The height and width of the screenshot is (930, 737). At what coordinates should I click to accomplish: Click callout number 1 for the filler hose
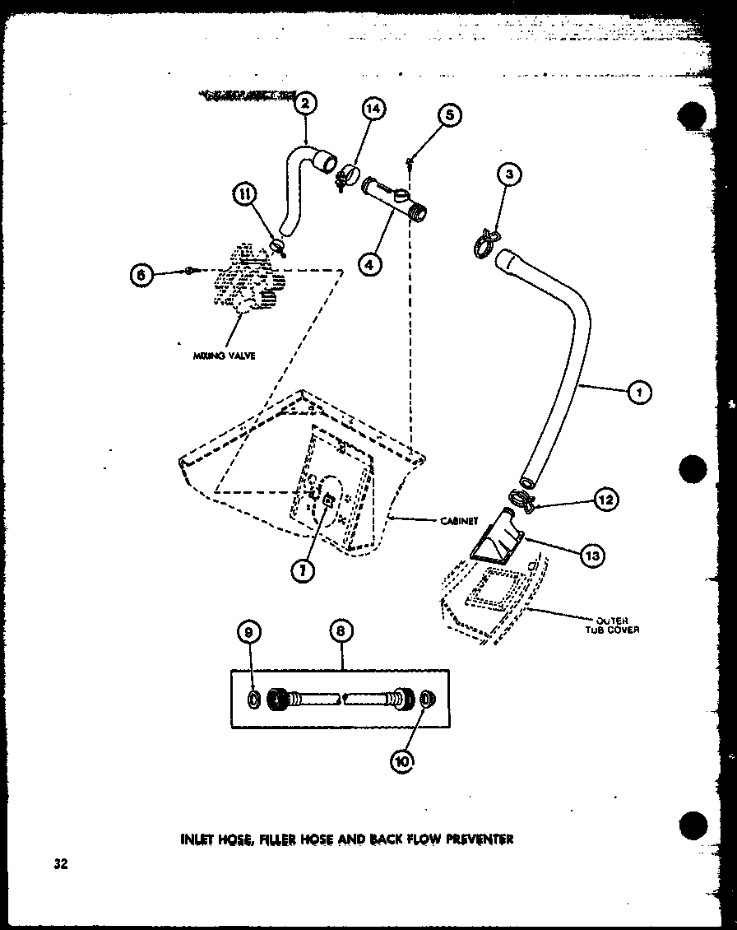click(x=639, y=393)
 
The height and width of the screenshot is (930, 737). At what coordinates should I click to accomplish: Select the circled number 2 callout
click(x=305, y=105)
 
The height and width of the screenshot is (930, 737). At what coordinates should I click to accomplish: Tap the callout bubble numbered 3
click(x=510, y=175)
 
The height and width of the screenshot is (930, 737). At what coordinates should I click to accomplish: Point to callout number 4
click(x=371, y=263)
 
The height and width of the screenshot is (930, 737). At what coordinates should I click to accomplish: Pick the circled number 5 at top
click(x=450, y=114)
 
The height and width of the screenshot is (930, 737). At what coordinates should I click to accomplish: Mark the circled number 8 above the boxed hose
click(x=341, y=631)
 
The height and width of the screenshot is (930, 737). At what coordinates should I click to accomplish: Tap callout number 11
click(x=244, y=194)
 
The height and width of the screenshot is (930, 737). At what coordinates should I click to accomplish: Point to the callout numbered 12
click(x=607, y=499)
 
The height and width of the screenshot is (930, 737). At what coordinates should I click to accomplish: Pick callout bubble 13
click(x=591, y=556)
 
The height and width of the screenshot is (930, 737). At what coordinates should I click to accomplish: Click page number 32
click(x=60, y=864)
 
